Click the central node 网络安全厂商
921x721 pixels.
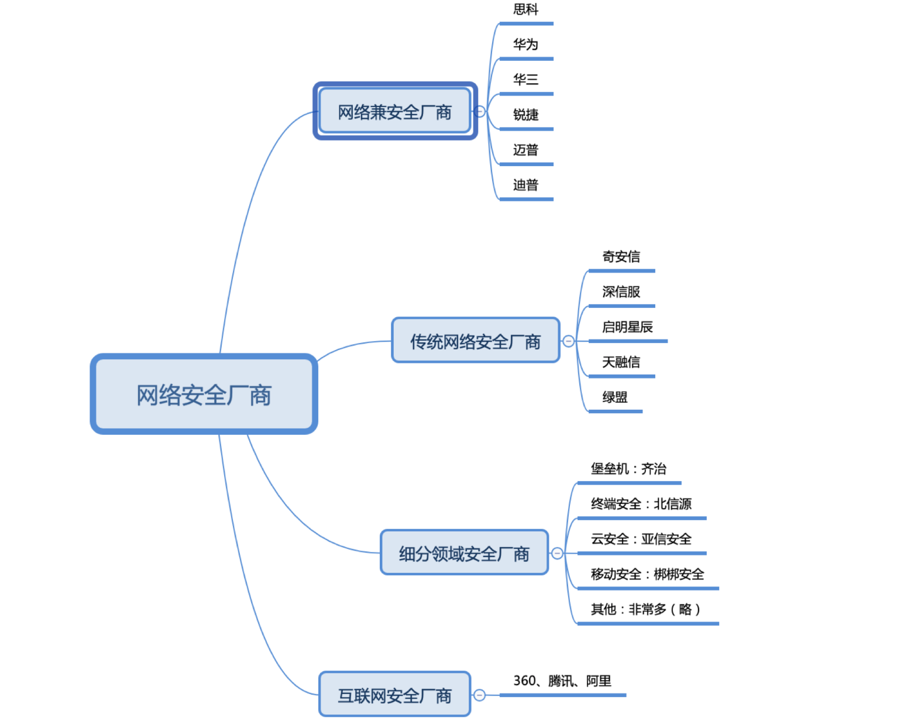pos(204,394)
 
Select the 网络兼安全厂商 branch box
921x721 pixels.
pos(395,111)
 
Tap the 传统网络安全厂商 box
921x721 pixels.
pos(475,341)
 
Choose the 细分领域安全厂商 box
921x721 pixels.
pos(464,553)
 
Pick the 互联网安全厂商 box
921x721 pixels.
pos(394,695)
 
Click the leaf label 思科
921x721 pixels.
pos(525,9)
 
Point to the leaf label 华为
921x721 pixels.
pos(525,44)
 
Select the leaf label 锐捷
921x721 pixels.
pos(525,115)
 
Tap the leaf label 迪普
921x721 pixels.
pos(525,185)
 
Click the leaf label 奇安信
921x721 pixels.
pos(621,256)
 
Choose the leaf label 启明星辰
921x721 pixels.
pos(627,327)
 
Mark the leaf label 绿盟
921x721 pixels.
pos(614,397)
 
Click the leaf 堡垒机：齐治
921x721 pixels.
pos(628,469)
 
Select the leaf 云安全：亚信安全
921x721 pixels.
pos(641,539)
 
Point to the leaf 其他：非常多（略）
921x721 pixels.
pos(645,609)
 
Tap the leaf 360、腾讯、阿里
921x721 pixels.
pos(562,681)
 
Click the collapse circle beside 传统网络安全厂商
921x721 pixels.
pos(568,341)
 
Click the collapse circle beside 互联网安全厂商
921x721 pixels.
pos(479,695)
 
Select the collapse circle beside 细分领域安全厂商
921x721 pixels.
pos(557,553)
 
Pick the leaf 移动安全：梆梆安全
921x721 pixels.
pos(647,574)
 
